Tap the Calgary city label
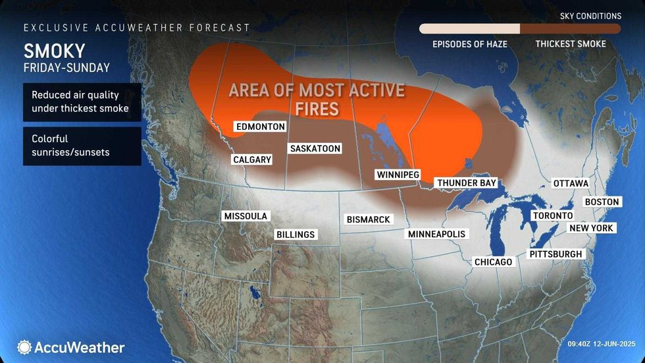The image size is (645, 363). [x=252, y=159]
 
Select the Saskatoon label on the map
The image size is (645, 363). [x=315, y=148]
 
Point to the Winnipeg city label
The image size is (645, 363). [x=397, y=175]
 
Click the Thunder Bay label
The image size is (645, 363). [x=466, y=182]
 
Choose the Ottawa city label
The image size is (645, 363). [x=570, y=182]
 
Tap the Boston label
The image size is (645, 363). [x=602, y=202]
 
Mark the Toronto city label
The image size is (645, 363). [x=552, y=215]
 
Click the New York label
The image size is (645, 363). [x=591, y=228]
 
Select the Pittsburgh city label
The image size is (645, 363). [x=555, y=254]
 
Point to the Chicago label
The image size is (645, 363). [x=493, y=262]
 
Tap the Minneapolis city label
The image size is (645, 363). [x=436, y=234]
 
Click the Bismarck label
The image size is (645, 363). [x=368, y=219]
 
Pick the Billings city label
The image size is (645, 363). [x=296, y=235]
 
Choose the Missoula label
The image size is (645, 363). [x=245, y=216]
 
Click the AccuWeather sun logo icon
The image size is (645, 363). [x=25, y=347]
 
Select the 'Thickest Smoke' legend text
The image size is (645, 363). [x=570, y=44]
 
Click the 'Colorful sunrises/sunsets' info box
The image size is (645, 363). [x=82, y=146]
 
